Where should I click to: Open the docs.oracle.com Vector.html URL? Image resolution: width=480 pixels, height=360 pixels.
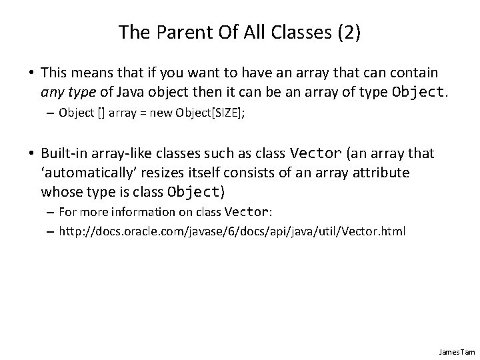pyautogui.click(x=233, y=231)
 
